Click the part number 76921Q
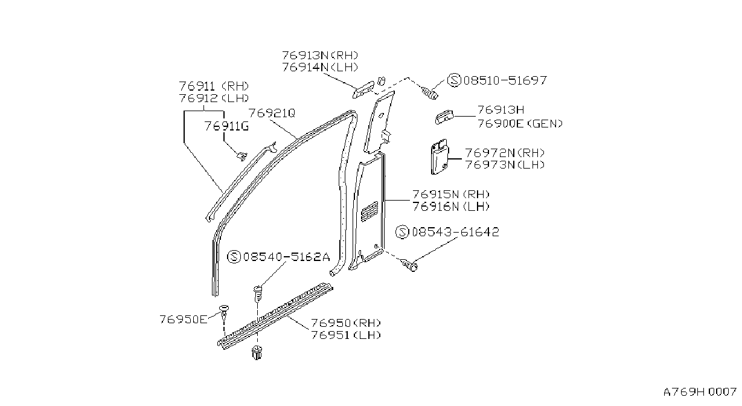point(272,114)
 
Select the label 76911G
point(226,126)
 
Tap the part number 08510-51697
point(505,80)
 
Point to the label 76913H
point(501,110)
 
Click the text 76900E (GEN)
point(520,124)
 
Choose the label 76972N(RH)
point(505,153)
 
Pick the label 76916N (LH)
point(451,207)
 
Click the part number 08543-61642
point(455,232)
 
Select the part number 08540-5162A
point(287,257)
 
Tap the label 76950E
point(184,320)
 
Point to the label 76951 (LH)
point(346,335)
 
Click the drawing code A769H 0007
point(700,392)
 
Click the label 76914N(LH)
point(320,67)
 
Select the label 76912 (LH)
point(214,98)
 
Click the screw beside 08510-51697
point(430,93)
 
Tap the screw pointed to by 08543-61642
point(409,265)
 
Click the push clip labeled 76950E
point(224,312)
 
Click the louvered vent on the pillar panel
point(369,211)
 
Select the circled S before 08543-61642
point(403,232)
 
